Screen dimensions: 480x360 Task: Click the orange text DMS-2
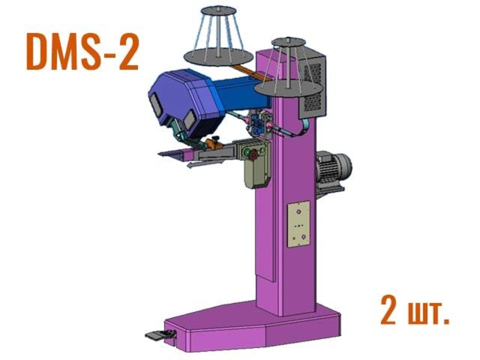click(x=83, y=52)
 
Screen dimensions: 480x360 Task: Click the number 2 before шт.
click(x=388, y=310)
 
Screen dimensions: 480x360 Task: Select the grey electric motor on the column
click(x=333, y=169)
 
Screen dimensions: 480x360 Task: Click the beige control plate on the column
click(x=298, y=224)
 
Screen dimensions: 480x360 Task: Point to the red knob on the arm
click(x=253, y=156)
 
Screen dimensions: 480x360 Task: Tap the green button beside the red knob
click(x=246, y=152)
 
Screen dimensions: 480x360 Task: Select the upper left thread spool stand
click(x=218, y=37)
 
